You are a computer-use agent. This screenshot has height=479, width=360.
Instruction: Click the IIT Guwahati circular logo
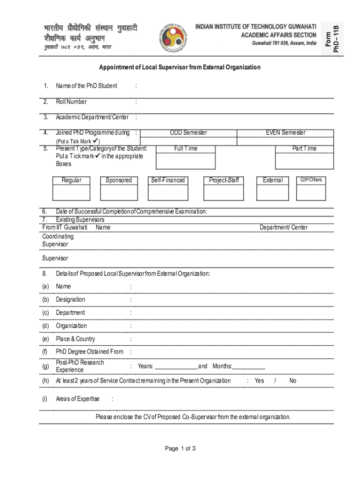pos(177,36)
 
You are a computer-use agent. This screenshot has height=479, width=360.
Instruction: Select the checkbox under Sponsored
pos(119,193)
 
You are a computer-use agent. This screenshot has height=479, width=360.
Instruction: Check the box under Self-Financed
pos(167,193)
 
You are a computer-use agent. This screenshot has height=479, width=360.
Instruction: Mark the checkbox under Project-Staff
pos(223,193)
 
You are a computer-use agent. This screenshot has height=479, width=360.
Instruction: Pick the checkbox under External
pos(273,193)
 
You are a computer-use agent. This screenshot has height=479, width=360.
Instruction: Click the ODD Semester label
pos(188,133)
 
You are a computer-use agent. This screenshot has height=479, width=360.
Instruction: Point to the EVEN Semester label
pos(286,133)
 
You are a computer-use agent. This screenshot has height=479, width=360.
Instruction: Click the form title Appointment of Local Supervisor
pos(180,67)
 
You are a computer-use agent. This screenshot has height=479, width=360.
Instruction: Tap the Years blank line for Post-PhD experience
pos(176,366)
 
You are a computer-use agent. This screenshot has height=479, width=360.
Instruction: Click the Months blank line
pos(249,366)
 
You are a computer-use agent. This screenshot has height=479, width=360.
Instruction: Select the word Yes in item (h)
pos(259,381)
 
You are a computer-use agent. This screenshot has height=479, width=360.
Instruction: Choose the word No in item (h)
pos(293,381)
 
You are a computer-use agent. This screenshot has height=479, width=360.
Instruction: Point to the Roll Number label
pos(71,102)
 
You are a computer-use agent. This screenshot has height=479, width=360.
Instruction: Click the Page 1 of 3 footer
pos(180,449)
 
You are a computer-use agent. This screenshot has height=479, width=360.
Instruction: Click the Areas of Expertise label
pos(78,399)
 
